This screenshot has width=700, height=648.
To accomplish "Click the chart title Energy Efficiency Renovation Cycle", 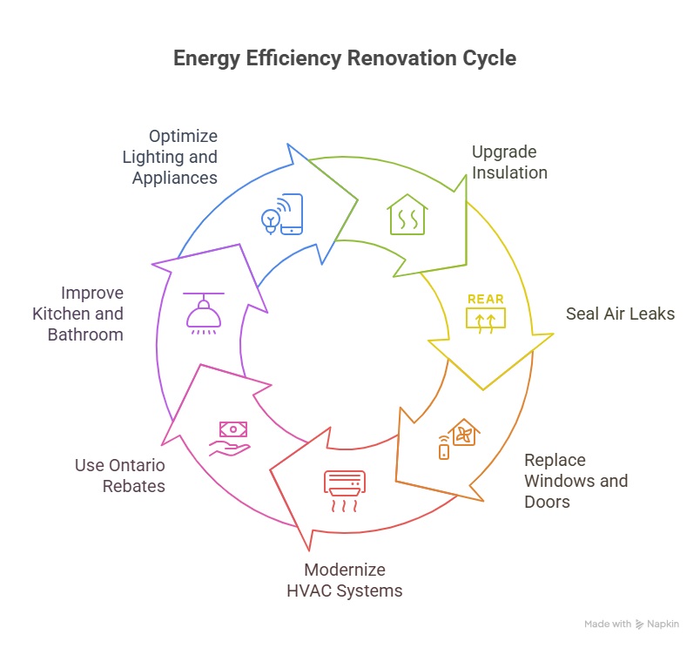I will (x=345, y=59).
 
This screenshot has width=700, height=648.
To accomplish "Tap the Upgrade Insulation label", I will (x=509, y=163).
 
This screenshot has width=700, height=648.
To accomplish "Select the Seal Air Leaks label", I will (x=608, y=314).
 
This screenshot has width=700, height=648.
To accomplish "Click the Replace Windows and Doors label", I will (x=575, y=481).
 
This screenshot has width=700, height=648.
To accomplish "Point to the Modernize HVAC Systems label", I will (x=345, y=580).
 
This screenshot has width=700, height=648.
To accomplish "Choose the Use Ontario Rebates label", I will (x=120, y=476).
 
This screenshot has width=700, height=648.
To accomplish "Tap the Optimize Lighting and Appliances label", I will (x=170, y=157).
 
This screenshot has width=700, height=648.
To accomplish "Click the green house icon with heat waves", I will (x=407, y=215).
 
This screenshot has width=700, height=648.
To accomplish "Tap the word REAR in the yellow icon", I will (x=485, y=299).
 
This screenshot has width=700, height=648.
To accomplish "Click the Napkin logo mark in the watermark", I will (x=640, y=624).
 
